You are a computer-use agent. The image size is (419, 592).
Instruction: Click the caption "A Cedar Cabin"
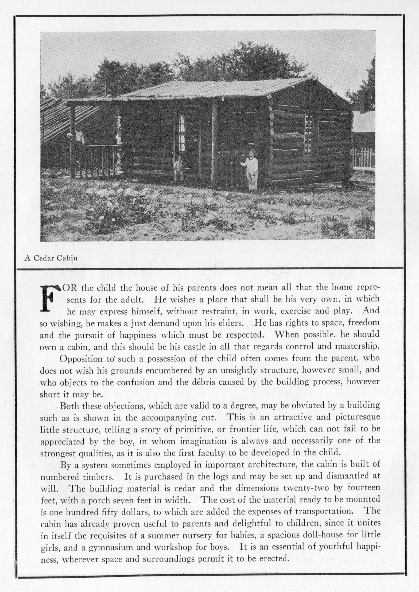[51, 258]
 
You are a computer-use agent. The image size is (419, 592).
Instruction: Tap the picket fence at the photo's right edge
[364, 157]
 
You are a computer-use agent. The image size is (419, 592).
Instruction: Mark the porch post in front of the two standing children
[214, 144]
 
